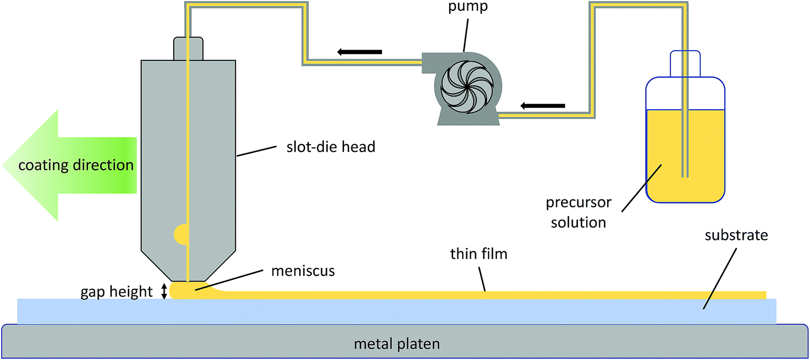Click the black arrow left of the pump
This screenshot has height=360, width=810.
(359, 52)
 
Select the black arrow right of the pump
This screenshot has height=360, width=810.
(543, 105)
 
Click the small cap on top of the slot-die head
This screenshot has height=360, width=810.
(188, 47)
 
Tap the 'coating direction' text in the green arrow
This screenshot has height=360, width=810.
(76, 166)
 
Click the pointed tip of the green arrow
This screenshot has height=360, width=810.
(5, 166)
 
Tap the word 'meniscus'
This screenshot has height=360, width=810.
(303, 271)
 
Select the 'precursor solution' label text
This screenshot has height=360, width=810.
(579, 212)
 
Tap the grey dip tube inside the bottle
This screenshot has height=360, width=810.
(685, 143)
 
